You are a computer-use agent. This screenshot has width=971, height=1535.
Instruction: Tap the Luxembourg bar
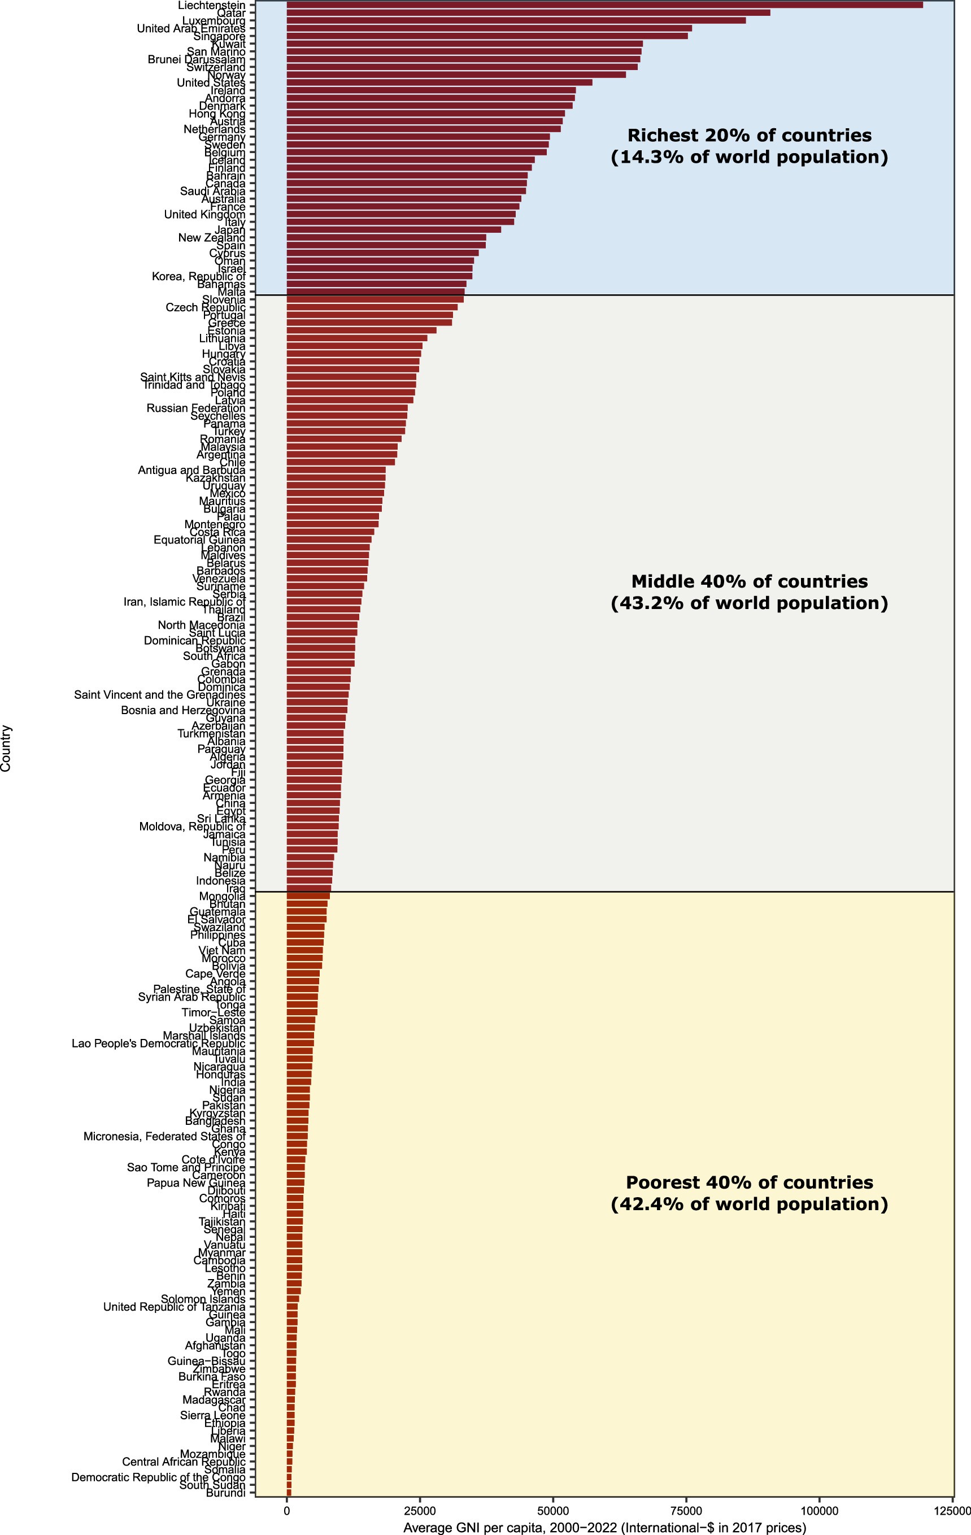click(516, 20)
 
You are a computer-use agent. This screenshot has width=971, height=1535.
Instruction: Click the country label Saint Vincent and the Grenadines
click(159, 695)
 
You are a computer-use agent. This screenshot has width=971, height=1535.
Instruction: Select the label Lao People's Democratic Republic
click(158, 1043)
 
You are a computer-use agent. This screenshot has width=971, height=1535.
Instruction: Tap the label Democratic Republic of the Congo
click(158, 1477)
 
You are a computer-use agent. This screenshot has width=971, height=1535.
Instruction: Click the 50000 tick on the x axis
click(552, 1511)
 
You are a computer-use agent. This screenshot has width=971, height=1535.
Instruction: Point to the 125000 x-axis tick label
click(952, 1511)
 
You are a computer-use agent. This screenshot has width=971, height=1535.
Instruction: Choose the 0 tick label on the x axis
click(287, 1511)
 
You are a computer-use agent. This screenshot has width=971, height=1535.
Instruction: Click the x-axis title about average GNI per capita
click(604, 1527)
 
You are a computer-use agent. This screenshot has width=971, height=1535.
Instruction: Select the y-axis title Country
click(6, 748)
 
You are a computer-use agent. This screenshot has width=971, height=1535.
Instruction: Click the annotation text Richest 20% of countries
click(748, 136)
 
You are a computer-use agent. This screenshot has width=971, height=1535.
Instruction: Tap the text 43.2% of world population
click(748, 603)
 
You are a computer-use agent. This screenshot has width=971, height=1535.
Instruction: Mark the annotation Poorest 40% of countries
click(748, 1182)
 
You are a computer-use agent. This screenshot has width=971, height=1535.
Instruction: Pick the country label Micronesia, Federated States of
click(164, 1137)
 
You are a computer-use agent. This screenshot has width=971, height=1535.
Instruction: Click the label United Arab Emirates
click(190, 29)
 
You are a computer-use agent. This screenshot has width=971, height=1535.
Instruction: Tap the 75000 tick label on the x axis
click(686, 1511)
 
